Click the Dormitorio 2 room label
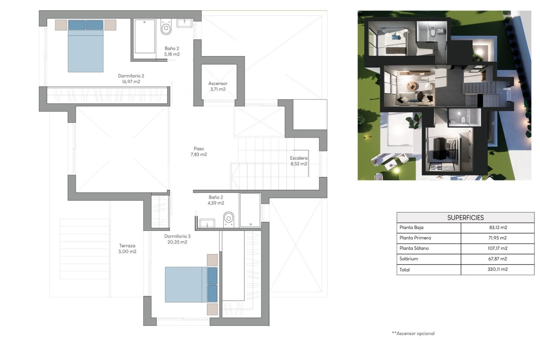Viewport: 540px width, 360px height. pyautogui.click(x=131, y=79)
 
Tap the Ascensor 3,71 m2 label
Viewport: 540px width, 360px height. pyautogui.click(x=218, y=86)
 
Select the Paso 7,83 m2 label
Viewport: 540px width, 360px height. pyautogui.click(x=199, y=151)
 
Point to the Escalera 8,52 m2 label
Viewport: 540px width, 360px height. pyautogui.click(x=299, y=161)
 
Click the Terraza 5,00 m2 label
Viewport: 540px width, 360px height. pyautogui.click(x=127, y=249)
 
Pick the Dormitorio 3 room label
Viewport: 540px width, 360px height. pyautogui.click(x=177, y=239)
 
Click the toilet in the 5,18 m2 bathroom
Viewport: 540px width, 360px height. pyautogui.click(x=166, y=27)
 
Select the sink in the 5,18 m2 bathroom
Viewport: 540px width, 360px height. pyautogui.click(x=184, y=23)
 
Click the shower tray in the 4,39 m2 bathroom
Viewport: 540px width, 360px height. pyautogui.click(x=250, y=210)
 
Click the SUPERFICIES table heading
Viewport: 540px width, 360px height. pyautogui.click(x=465, y=218)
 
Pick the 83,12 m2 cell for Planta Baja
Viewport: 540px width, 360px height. pyautogui.click(x=498, y=228)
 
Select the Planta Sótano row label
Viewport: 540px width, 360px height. pyautogui.click(x=414, y=248)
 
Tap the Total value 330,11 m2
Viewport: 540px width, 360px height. pyautogui.click(x=498, y=269)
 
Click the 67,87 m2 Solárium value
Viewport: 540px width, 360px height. pyautogui.click(x=498, y=259)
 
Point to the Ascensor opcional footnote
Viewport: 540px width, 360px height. pyautogui.click(x=413, y=334)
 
